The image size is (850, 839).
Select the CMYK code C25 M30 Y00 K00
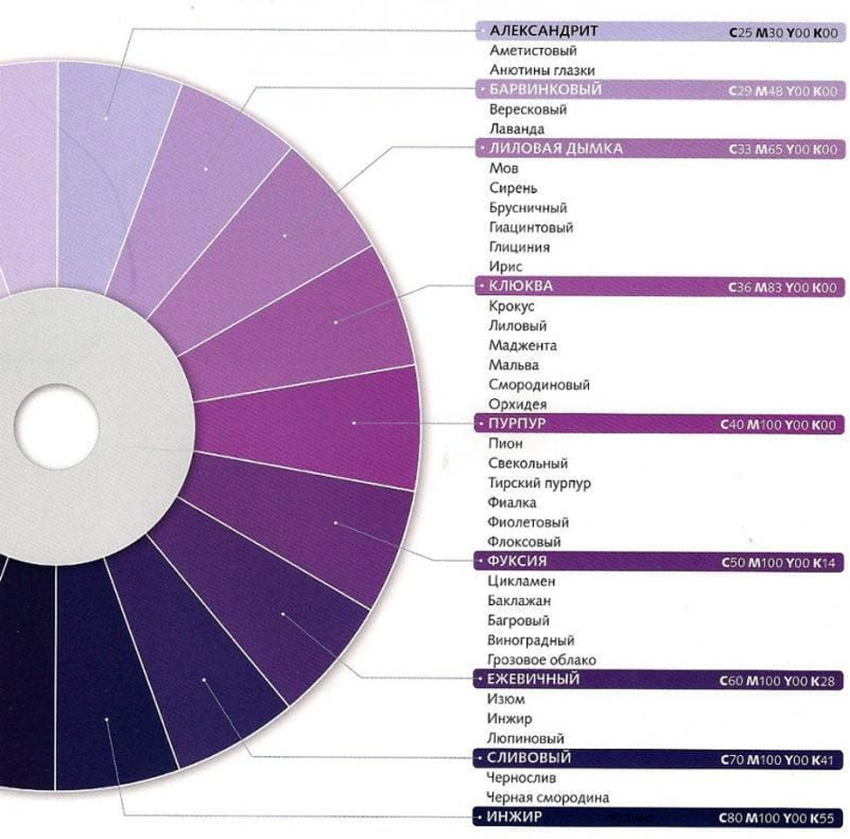tap(783, 33)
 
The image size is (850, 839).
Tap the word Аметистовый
tap(533, 51)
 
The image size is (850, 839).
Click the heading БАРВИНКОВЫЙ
tap(545, 90)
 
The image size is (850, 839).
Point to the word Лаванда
tap(517, 129)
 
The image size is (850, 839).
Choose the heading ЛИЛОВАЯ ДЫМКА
tap(556, 149)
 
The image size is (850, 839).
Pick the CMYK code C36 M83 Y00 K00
tap(782, 288)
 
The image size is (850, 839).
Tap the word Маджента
tap(522, 346)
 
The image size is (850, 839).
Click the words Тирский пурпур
tap(539, 483)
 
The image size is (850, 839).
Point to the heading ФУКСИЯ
tap(517, 562)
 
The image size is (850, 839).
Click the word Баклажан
tap(519, 601)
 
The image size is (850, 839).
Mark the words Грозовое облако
tap(541, 660)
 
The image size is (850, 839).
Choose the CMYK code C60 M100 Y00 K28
tap(778, 680)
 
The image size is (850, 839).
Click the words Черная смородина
tap(547, 797)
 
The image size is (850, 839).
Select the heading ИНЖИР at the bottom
tap(514, 817)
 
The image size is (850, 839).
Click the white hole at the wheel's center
tap(57, 426)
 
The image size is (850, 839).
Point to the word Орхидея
tap(518, 405)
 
